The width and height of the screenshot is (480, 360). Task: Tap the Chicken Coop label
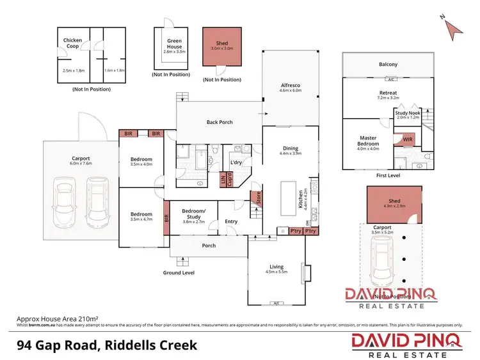click(72, 43)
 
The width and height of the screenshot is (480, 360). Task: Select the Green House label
click(173, 43)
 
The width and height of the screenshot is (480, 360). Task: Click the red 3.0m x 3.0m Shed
click(222, 48)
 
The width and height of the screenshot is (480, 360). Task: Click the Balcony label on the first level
click(388, 65)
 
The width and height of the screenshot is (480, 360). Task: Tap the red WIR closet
click(407, 139)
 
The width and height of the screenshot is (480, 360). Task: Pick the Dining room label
click(290, 150)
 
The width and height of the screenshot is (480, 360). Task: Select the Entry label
click(230, 222)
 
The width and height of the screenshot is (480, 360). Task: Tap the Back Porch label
click(220, 122)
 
